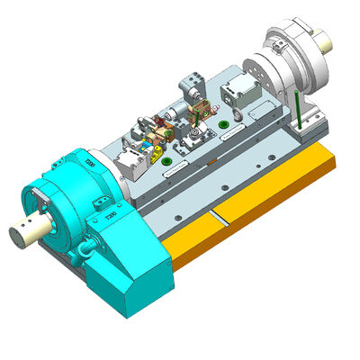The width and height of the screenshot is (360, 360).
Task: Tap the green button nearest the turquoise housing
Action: pyautogui.click(x=166, y=162)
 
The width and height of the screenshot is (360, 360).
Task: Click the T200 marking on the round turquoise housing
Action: pyautogui.click(x=91, y=163)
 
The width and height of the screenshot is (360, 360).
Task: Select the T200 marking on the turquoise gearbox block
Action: pyautogui.click(x=111, y=216)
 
